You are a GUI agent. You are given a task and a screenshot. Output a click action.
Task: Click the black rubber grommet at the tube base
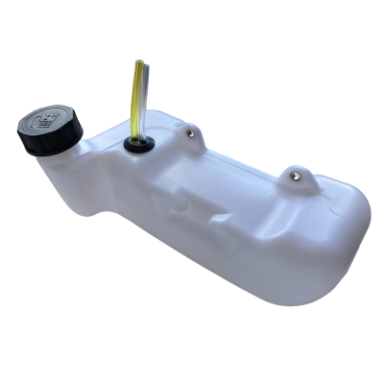[138, 145]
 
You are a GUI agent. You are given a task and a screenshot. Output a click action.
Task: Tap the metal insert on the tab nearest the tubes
[192, 132]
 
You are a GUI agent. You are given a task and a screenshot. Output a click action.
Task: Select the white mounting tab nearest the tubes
[192, 136]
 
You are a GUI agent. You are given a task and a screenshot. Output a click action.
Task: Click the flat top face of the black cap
[48, 120]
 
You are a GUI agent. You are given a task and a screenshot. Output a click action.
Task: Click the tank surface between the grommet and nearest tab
[165, 142]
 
